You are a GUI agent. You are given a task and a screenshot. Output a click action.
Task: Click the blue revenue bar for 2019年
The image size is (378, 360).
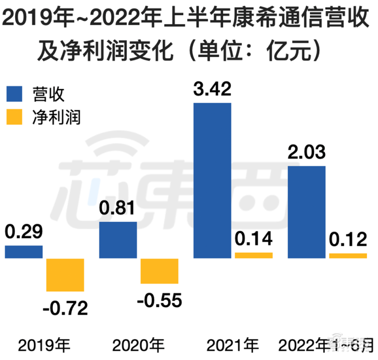[x=24, y=252]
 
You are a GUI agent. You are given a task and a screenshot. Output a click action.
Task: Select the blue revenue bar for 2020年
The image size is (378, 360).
[x=118, y=240]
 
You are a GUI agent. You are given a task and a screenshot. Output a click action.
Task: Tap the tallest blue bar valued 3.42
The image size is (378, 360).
[x=213, y=180]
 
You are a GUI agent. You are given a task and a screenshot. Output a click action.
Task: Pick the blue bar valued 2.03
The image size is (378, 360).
[x=307, y=212]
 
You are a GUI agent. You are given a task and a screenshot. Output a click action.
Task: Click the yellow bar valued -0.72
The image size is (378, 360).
[x=65, y=274]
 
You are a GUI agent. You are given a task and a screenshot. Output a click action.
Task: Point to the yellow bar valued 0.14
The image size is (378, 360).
[x=254, y=256]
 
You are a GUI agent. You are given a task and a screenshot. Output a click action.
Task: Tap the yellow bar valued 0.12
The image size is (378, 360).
[x=348, y=256]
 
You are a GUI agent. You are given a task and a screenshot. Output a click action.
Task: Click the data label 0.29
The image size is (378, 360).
[x=24, y=232]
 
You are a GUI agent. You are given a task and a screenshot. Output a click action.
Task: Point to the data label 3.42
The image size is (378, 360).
[x=212, y=88]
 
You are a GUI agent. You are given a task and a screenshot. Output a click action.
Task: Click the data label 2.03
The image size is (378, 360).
[x=307, y=152]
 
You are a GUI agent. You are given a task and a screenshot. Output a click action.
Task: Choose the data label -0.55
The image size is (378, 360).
[x=159, y=301]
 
